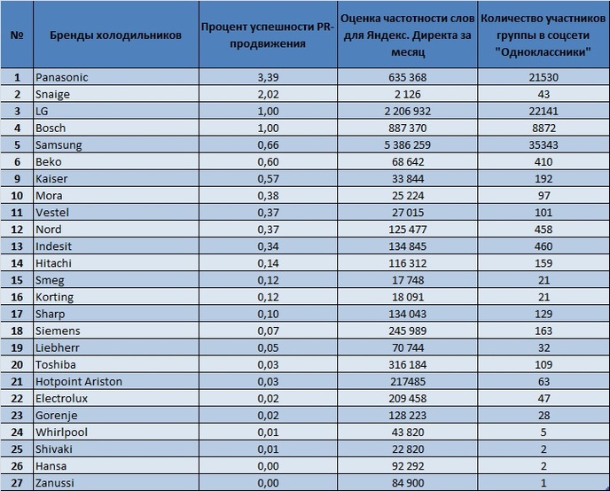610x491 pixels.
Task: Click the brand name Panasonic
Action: point(61,77)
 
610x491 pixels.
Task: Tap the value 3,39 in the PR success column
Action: point(267,77)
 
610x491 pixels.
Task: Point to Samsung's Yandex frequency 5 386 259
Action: point(408,144)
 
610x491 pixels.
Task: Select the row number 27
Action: point(17,482)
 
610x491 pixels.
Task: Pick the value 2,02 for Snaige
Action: point(267,94)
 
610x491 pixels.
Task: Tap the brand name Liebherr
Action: point(57,347)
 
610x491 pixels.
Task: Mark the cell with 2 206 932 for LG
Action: point(408,111)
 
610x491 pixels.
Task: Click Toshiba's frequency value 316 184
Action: point(408,364)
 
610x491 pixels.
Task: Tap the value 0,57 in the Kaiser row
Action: point(267,178)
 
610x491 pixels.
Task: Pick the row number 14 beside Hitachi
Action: point(17,263)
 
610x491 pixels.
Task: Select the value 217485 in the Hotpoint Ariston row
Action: point(408,381)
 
